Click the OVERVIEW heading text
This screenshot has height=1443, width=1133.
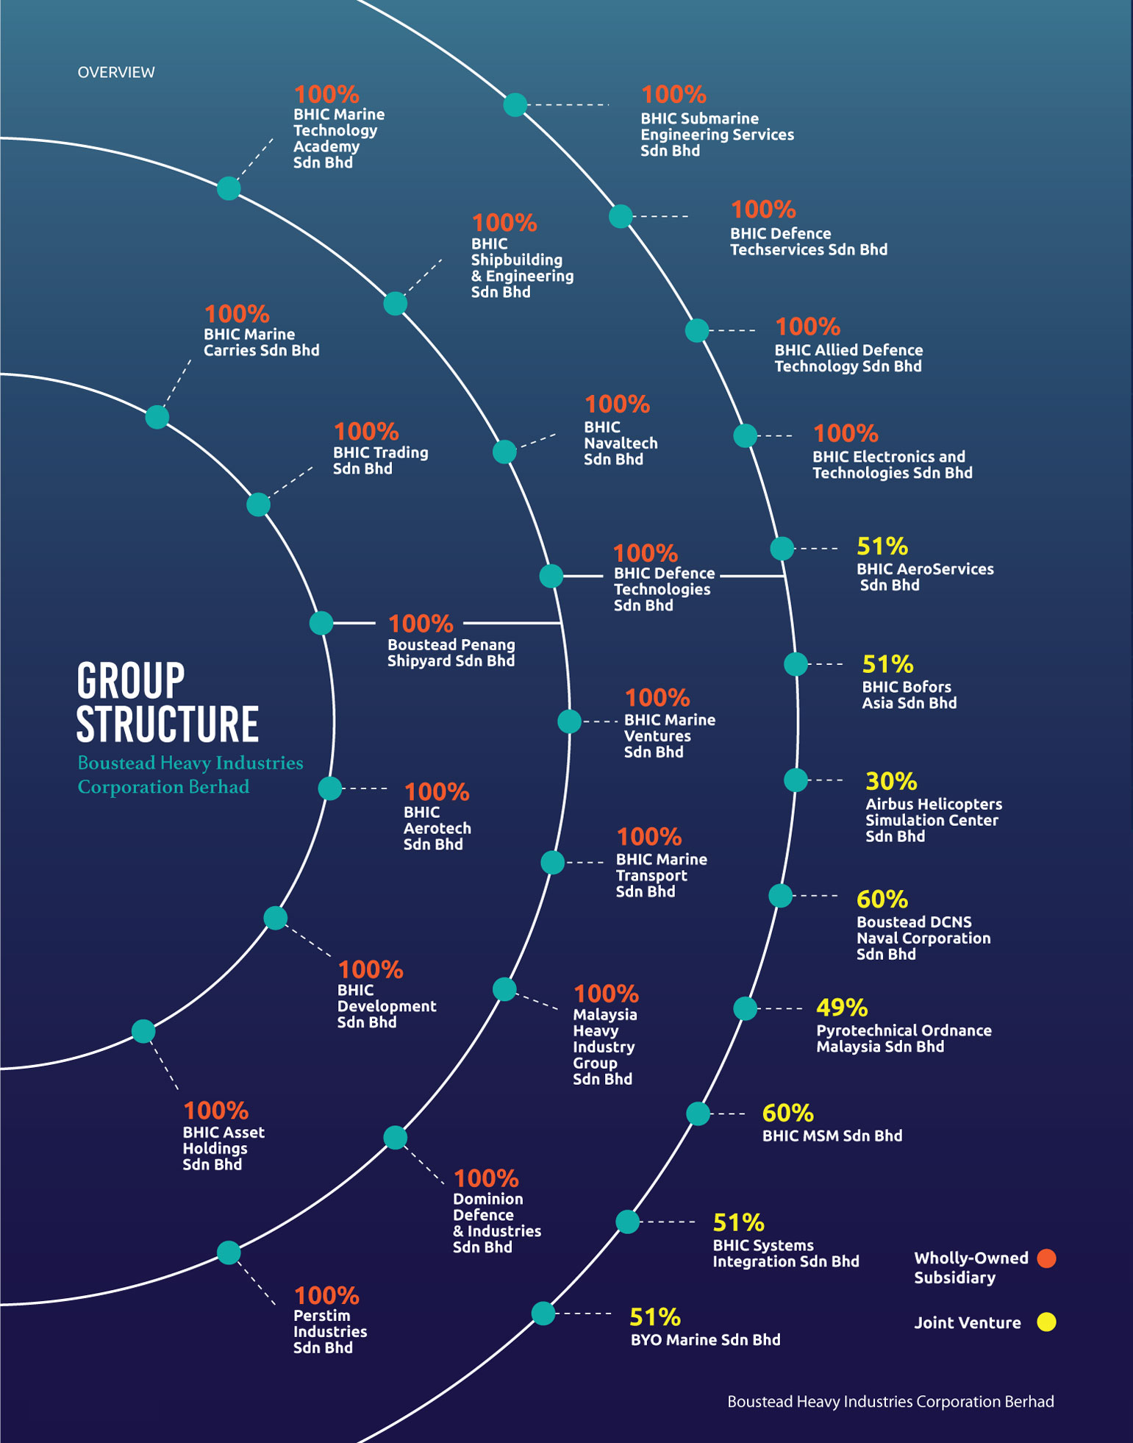pyautogui.click(x=116, y=72)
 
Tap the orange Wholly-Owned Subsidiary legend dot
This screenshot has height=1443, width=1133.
pyautogui.click(x=1046, y=1258)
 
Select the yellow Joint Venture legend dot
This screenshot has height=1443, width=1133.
pyautogui.click(x=1046, y=1322)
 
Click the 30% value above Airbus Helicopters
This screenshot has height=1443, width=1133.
pyautogui.click(x=890, y=781)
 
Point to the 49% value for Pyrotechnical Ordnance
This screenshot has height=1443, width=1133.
pyautogui.click(x=842, y=1008)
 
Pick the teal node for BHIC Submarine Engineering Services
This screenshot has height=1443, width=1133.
pyautogui.click(x=515, y=104)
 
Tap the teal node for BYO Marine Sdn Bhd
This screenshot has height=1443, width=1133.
pyautogui.click(x=543, y=1313)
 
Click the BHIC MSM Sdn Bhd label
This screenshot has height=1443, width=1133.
pyautogui.click(x=832, y=1136)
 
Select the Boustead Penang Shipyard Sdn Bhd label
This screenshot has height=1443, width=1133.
pyautogui.click(x=451, y=652)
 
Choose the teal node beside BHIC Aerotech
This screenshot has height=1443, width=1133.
pyautogui.click(x=330, y=788)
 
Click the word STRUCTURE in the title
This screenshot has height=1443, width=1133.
pyautogui.click(x=168, y=724)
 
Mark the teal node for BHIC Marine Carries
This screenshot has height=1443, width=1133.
pyautogui.click(x=157, y=417)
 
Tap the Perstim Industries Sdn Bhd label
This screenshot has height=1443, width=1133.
pyautogui.click(x=329, y=1331)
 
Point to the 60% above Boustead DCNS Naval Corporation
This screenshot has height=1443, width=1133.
pyautogui.click(x=882, y=899)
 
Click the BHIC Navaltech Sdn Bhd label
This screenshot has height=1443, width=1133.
pyautogui.click(x=620, y=443)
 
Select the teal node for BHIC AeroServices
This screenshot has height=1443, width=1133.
pyautogui.click(x=782, y=548)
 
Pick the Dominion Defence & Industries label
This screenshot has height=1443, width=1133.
pyautogui.click(x=496, y=1222)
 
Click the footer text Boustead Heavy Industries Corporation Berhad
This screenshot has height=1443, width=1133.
pyautogui.click(x=890, y=1402)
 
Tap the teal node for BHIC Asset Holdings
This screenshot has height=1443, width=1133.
pyautogui.click(x=143, y=1031)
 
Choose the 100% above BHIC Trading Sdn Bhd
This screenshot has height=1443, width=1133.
pyautogui.click(x=365, y=432)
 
